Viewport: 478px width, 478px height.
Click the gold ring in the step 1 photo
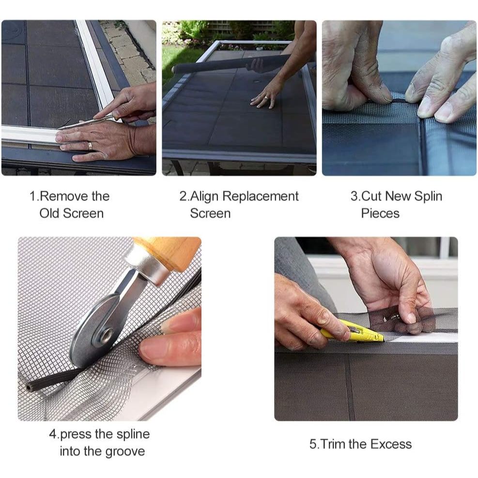click(90, 146)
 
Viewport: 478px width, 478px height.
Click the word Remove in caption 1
click(60, 196)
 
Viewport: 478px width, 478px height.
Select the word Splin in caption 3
click(428, 197)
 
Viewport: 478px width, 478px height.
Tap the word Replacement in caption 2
click(261, 197)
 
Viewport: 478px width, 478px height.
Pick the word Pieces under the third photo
click(380, 214)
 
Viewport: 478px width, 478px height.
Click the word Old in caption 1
click(49, 214)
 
